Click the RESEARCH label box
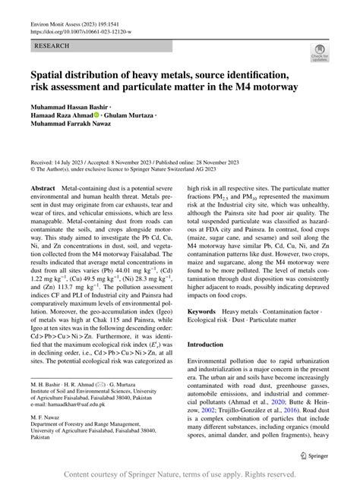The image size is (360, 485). click(52, 46)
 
